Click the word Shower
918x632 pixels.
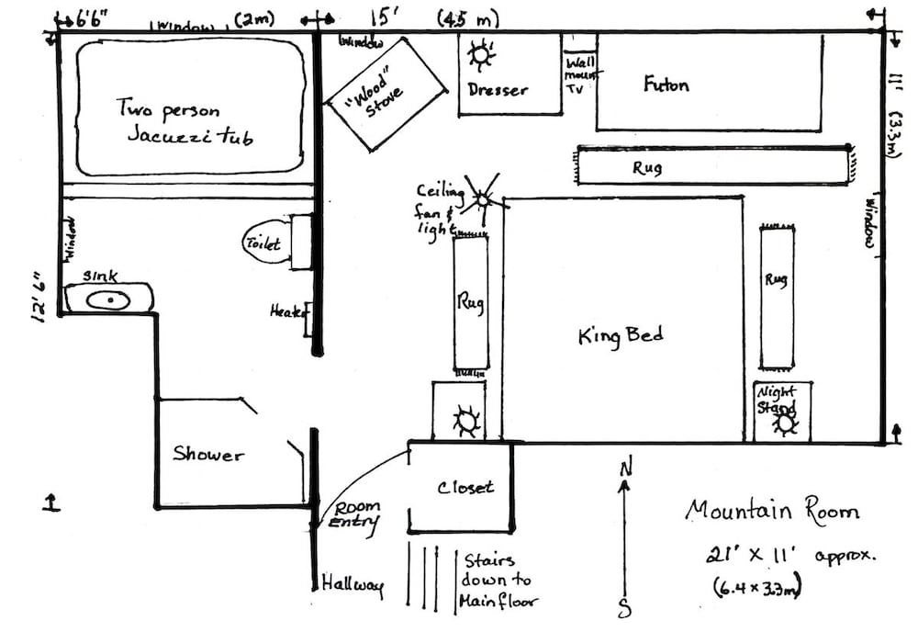coord(209,454)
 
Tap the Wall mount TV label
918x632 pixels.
coord(578,80)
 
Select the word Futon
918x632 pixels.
coord(666,85)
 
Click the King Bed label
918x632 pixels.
coord(621,336)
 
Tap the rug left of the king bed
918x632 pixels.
coord(471,302)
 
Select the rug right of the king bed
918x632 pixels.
coord(776,294)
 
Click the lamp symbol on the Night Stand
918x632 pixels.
coord(784,423)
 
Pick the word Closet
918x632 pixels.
coord(465,487)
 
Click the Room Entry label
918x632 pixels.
coord(355,515)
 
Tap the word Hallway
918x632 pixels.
coord(353,584)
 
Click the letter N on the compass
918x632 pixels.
coord(625,468)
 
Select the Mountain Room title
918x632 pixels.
coord(772,511)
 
